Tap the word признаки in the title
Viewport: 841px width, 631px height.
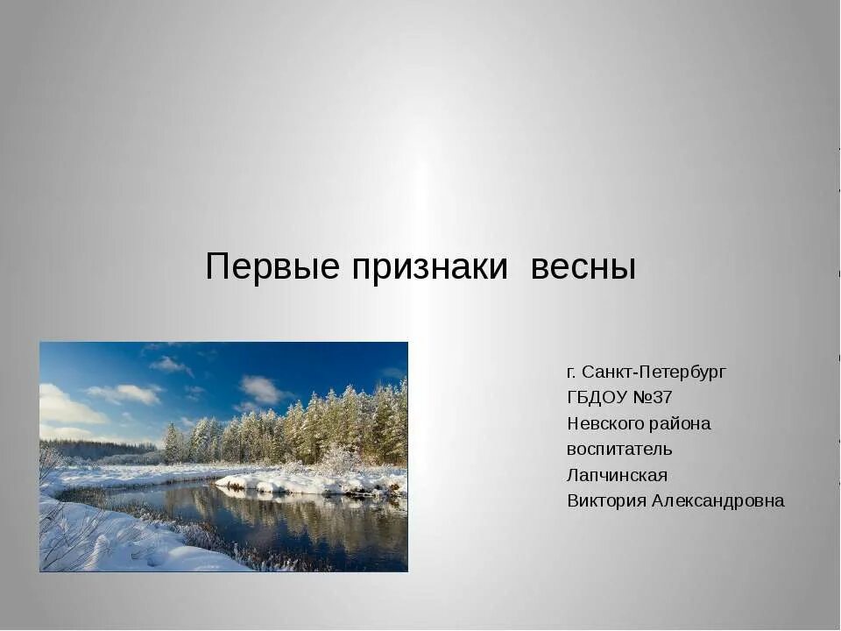(430, 266)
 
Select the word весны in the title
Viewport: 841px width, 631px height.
(583, 266)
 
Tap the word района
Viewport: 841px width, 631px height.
(681, 423)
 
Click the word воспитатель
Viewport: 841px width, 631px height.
(619, 449)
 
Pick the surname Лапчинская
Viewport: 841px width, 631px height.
(617, 475)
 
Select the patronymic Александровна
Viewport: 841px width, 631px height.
(719, 500)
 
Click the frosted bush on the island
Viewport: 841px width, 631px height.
(336, 459)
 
